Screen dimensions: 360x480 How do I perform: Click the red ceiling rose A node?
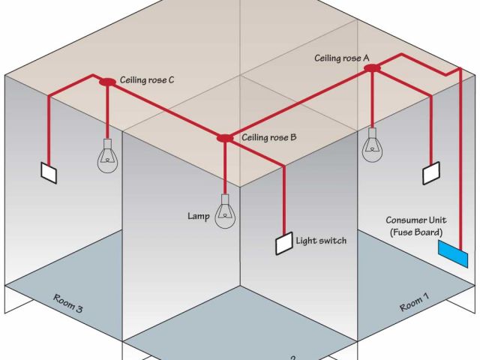click(373, 68)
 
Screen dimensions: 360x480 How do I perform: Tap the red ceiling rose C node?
click(106, 81)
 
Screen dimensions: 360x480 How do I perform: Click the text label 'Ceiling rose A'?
click(342, 57)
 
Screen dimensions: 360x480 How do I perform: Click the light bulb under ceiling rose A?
click(372, 145)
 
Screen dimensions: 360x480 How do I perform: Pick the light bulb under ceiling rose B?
click(224, 211)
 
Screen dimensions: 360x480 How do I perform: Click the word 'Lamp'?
click(198, 216)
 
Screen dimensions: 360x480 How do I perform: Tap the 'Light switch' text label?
click(322, 241)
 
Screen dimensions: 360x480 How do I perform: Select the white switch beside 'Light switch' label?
click(283, 243)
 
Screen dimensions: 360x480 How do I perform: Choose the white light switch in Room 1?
click(431, 173)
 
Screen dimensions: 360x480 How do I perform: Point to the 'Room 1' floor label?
click(415, 302)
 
